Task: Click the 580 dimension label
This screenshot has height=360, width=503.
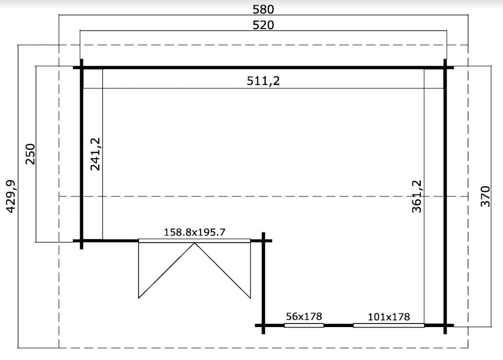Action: [263, 9]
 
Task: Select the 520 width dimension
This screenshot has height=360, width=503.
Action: [263, 25]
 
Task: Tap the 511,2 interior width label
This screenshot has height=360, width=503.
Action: [263, 81]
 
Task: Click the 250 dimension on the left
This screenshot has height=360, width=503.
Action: [30, 154]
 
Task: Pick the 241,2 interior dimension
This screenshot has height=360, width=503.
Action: [95, 154]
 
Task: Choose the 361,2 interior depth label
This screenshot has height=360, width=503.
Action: [417, 196]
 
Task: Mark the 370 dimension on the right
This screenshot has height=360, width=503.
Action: [486, 196]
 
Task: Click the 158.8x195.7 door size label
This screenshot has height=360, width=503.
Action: [195, 232]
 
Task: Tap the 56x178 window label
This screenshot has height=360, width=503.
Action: [304, 316]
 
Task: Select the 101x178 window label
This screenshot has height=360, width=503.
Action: [389, 317]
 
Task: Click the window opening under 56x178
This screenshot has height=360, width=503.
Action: [304, 326]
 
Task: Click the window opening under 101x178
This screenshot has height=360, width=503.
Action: [389, 326]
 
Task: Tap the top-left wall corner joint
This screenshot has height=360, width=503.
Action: [82, 67]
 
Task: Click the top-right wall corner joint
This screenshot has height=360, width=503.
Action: [445, 67]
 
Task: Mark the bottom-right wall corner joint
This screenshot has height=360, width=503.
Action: [445, 326]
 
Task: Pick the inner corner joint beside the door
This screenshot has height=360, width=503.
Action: [263, 241]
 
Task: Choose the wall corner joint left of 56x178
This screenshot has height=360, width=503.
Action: [263, 326]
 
